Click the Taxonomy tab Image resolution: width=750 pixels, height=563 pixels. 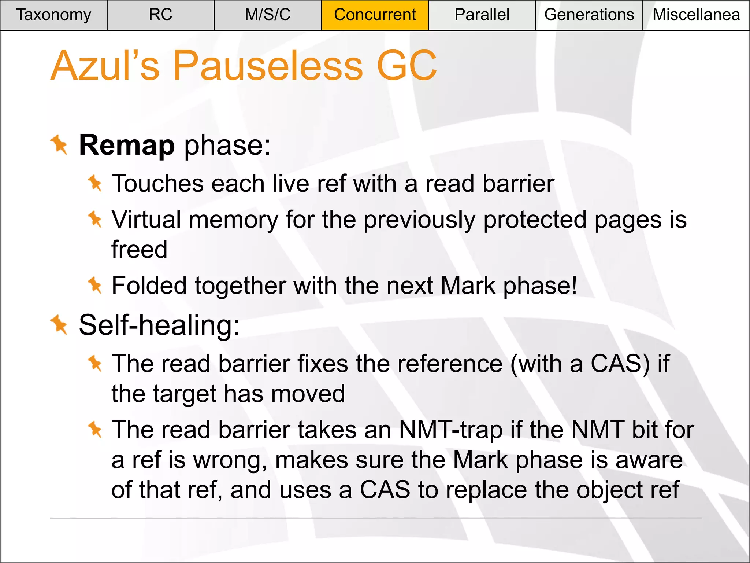point(53,15)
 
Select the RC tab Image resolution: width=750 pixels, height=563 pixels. point(160,15)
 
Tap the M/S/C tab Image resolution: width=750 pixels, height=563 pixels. point(268,15)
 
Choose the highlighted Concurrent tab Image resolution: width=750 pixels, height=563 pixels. point(375,15)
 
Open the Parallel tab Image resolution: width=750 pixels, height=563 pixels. point(482,15)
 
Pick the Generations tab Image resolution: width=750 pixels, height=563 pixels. point(589,15)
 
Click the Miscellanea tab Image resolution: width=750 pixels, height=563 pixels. point(696,15)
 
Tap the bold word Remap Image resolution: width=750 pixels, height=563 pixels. point(127,146)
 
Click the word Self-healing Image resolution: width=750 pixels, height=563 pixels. point(159,325)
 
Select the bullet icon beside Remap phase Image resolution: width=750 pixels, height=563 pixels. point(59,145)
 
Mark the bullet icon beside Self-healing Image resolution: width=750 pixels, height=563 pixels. point(59,325)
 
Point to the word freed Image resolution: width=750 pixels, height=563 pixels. point(139,250)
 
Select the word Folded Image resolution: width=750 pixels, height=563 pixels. point(149,286)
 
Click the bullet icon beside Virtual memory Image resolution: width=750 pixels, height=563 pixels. point(95,219)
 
